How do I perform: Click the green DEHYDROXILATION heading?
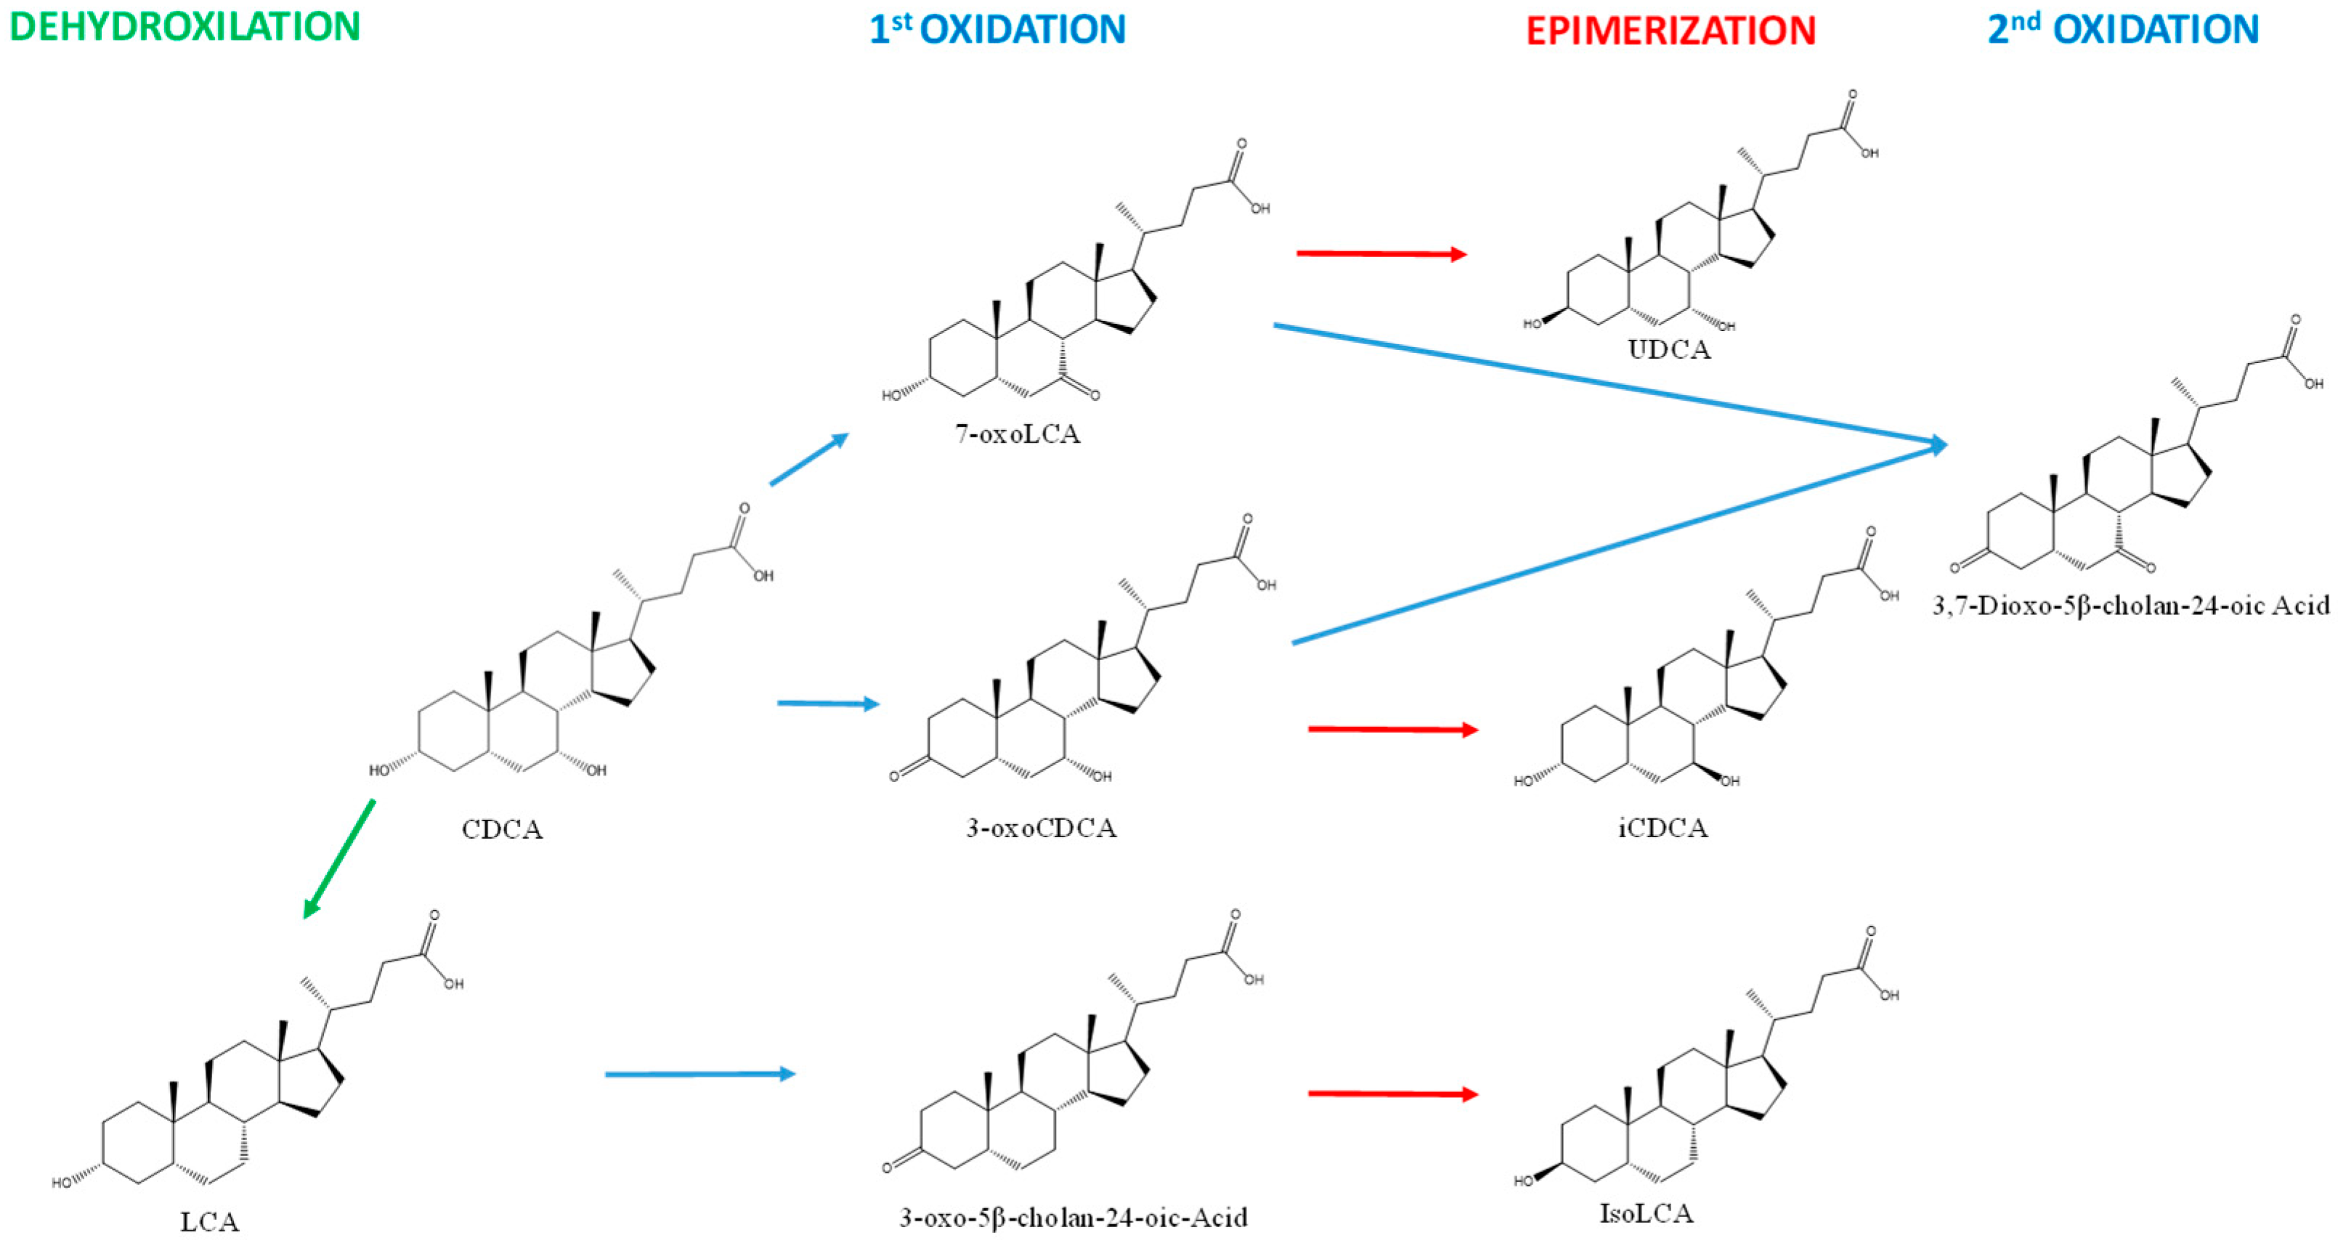[184, 26]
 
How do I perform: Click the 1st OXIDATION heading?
[997, 29]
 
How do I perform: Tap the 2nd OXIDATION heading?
[2123, 29]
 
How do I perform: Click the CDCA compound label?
[502, 829]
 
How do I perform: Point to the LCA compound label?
[210, 1221]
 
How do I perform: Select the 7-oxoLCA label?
[1018, 433]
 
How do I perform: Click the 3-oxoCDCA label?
[1041, 828]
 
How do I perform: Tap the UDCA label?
[1668, 350]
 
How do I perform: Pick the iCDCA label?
[1662, 828]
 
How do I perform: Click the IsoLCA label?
[1646, 1213]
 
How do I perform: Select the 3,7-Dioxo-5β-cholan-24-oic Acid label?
[2130, 606]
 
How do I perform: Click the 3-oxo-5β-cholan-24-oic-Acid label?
[1073, 1217]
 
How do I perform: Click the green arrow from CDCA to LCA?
[338, 858]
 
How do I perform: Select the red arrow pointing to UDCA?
[1381, 254]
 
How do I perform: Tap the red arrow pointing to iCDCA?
[1392, 729]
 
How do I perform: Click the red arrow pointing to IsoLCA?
[1392, 1094]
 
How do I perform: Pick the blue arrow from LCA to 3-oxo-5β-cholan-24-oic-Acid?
[699, 1075]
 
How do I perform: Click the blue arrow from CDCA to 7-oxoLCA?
[808, 459]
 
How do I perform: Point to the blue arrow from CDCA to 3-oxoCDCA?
[828, 704]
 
